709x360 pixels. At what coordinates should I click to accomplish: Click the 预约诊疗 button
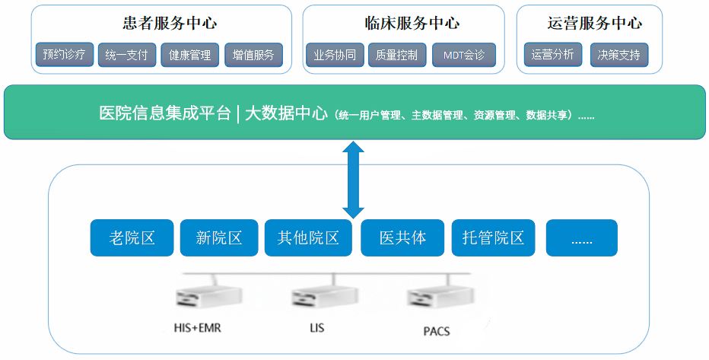(65, 55)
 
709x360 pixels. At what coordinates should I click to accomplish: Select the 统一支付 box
(127, 55)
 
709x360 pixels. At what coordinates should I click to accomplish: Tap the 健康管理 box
(190, 55)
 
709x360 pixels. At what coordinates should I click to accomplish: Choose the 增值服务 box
(253, 55)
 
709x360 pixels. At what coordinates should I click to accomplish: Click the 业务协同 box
(335, 55)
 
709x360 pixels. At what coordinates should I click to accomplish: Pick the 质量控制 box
(397, 55)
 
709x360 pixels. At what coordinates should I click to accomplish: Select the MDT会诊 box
(464, 55)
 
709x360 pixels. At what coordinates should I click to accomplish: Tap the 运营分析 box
(553, 55)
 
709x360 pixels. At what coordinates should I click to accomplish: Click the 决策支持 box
(619, 55)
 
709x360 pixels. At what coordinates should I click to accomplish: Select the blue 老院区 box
(132, 238)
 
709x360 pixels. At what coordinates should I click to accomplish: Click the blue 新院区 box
(219, 238)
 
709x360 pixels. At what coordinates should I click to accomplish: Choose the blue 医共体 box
(402, 238)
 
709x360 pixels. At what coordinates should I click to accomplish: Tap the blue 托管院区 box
(494, 238)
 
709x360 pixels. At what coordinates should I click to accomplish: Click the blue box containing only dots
(582, 238)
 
